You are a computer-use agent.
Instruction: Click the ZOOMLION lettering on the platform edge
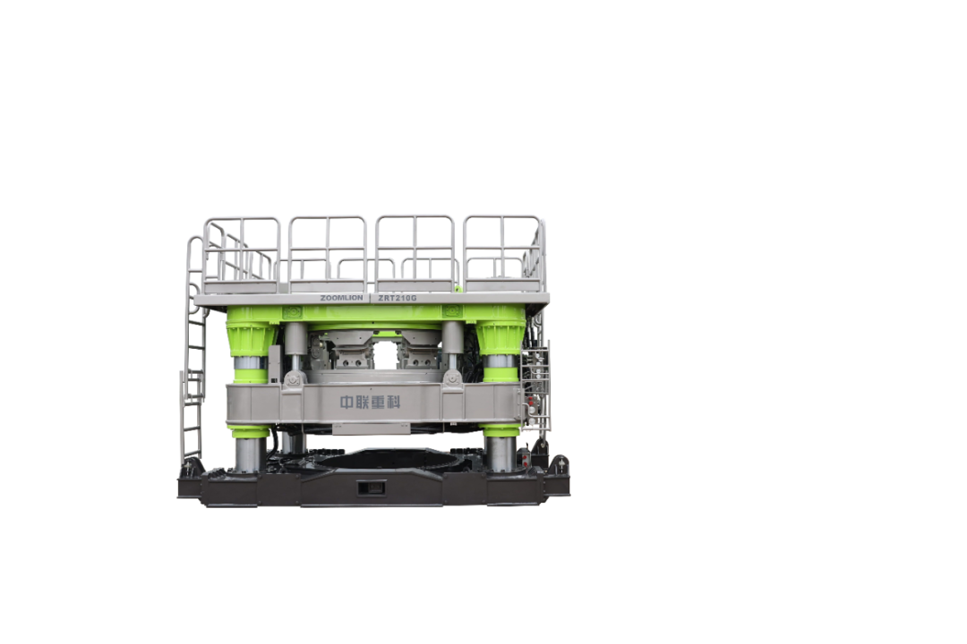click(342, 298)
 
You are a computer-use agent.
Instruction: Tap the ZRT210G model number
click(398, 298)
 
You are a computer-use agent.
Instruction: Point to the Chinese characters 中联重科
click(370, 402)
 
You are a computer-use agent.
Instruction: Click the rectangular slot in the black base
click(372, 488)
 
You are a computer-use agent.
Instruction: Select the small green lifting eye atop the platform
click(458, 288)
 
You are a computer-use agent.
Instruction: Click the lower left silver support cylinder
click(250, 453)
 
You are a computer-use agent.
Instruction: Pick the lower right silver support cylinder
click(501, 453)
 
